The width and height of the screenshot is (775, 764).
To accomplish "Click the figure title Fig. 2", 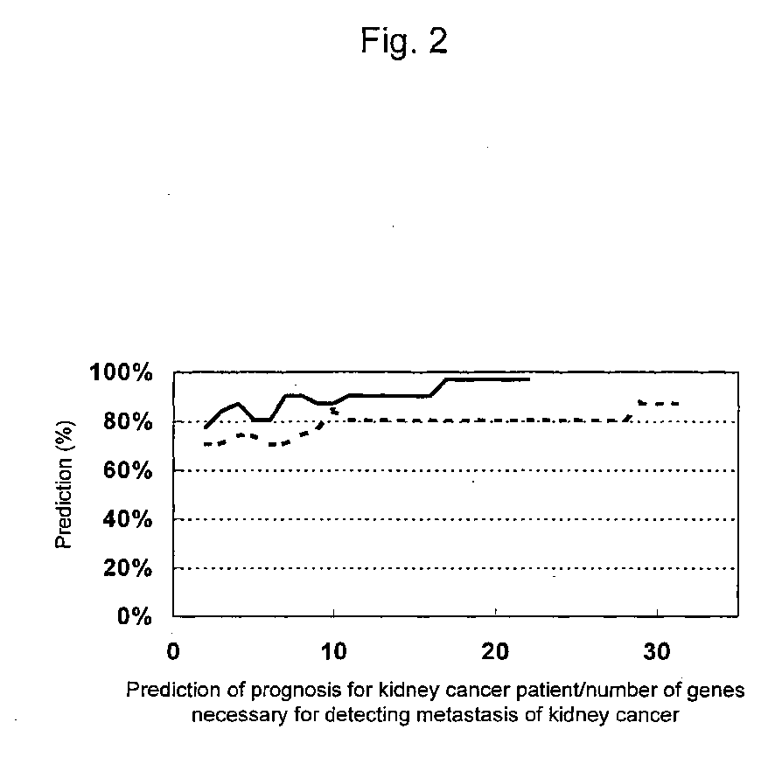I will (x=404, y=42).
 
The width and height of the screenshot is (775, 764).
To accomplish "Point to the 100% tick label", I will (x=121, y=373).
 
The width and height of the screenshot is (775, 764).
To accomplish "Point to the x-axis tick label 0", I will (x=172, y=653).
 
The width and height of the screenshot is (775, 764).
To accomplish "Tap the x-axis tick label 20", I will (x=495, y=653).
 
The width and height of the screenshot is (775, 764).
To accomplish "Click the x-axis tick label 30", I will (x=655, y=653).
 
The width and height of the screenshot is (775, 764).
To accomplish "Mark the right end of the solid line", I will (x=529, y=379).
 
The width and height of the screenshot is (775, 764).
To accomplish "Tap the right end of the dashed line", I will (x=678, y=403).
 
